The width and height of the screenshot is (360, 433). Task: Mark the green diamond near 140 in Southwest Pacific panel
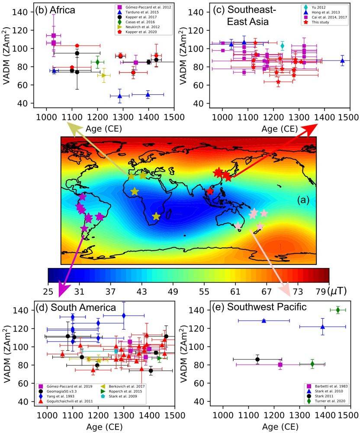coord(338,310)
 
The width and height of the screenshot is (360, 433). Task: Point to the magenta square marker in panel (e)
coord(280,365)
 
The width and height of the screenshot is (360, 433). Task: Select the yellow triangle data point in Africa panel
coord(104,75)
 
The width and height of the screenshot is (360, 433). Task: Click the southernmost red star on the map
coord(210,191)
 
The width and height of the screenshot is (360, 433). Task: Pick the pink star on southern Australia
coord(238,226)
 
